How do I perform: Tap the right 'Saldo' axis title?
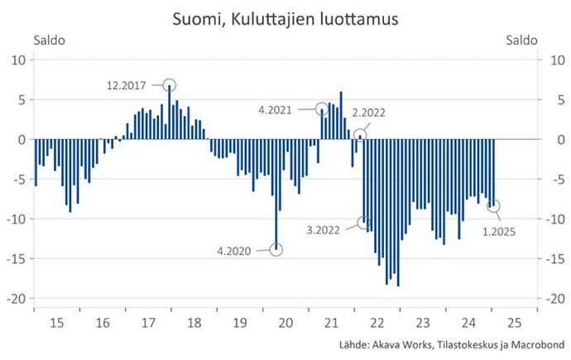coord(520,39)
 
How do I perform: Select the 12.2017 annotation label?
coord(132,84)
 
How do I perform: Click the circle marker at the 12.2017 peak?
coord(170,84)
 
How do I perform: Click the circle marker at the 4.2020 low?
coord(276,248)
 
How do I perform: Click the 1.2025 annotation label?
coord(500,231)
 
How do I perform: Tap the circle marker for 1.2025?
coord(494,205)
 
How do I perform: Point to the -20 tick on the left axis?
coord(19,298)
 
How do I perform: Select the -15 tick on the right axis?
coord(548,258)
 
